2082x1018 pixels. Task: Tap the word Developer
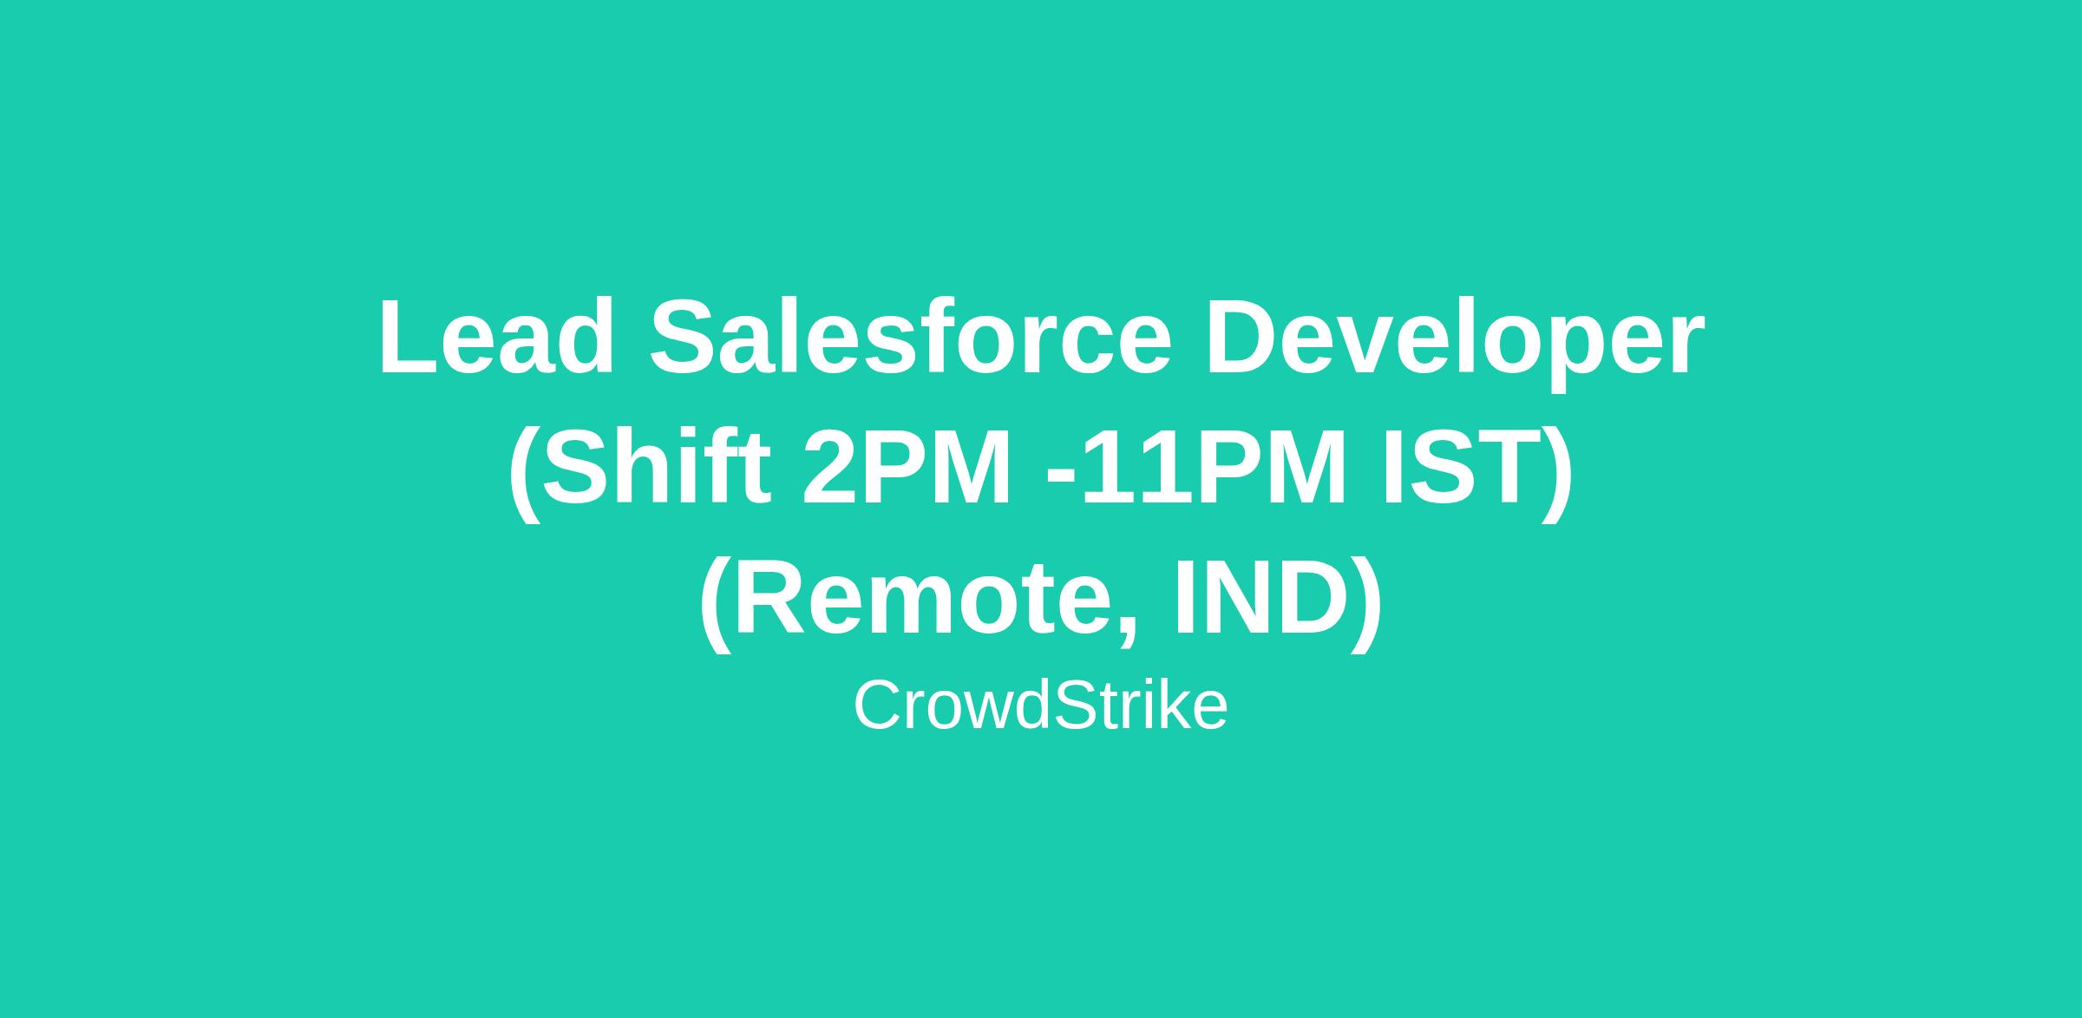[1456, 343]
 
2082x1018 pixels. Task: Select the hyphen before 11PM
[1063, 476]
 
